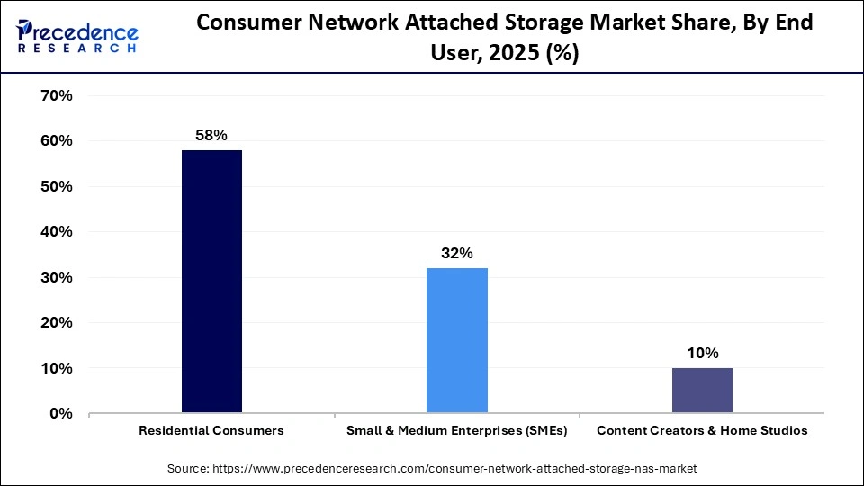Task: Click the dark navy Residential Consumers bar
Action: tap(211, 282)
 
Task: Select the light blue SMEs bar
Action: tap(456, 340)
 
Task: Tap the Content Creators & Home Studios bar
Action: tap(702, 391)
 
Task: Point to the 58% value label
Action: tap(211, 135)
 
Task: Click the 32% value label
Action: tap(456, 253)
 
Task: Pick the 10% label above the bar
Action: tap(702, 353)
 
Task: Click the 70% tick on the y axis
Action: tap(57, 95)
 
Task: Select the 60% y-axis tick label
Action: tap(57, 141)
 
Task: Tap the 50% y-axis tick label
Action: tap(57, 186)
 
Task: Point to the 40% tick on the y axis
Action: tap(57, 232)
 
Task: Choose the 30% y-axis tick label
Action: tap(57, 277)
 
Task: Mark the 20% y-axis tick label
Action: tap(57, 323)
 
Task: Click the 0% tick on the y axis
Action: tap(60, 414)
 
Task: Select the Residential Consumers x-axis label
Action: tap(211, 431)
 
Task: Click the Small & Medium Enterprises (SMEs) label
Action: tap(456, 431)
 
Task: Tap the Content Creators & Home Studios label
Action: tap(702, 431)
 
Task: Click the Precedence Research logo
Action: tap(77, 37)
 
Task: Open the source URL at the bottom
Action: tap(432, 469)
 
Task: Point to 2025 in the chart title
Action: tap(508, 54)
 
